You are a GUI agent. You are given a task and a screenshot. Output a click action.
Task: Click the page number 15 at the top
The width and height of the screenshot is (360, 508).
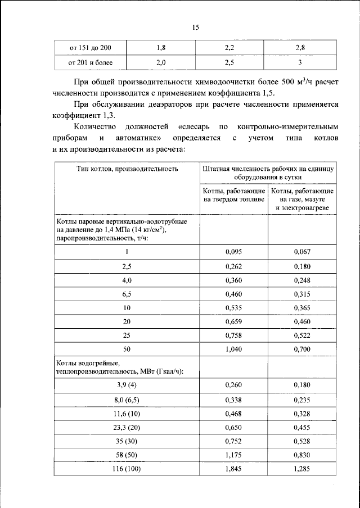[x=196, y=28]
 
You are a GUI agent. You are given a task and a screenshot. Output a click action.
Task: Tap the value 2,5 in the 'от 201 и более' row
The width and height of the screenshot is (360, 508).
[x=229, y=62]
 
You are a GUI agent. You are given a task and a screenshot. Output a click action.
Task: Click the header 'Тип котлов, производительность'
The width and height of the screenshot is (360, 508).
[x=127, y=168]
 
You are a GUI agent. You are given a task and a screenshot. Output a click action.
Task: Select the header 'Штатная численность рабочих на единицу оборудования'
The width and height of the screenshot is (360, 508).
[x=268, y=172]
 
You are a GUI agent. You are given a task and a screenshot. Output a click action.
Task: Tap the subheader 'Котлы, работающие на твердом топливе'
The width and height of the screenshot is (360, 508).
[x=233, y=196]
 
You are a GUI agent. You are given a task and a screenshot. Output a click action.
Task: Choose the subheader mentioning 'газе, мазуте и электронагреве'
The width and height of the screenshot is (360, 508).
[x=302, y=199]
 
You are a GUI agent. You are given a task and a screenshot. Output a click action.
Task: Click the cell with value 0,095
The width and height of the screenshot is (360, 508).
[x=233, y=252]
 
